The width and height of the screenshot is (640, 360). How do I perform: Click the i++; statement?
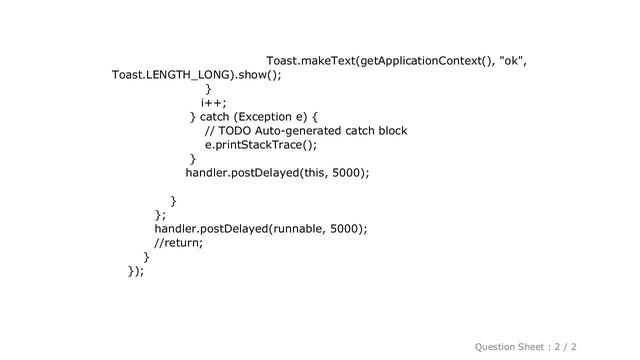click(213, 102)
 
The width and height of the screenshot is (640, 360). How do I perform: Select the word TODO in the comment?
click(237, 131)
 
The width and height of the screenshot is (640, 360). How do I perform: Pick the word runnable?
click(295, 228)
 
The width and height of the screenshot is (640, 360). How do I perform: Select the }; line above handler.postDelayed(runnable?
click(160, 214)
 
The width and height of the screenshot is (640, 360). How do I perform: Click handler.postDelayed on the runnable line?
click(204, 228)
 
